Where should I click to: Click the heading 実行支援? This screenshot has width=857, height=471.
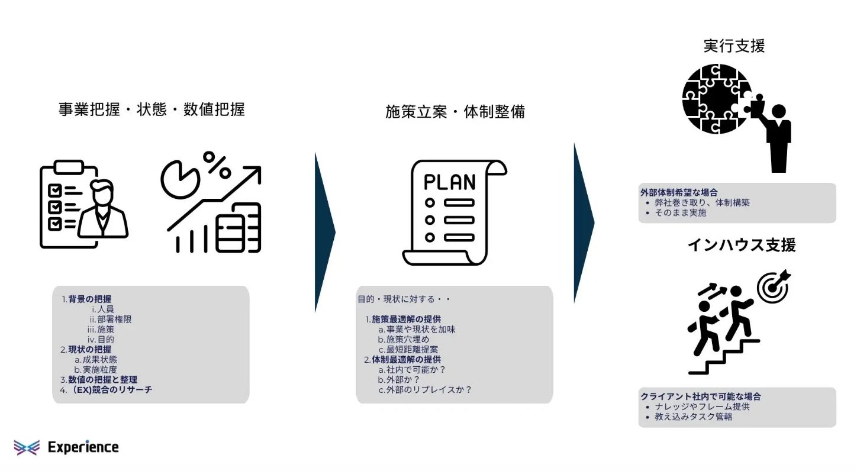(x=734, y=46)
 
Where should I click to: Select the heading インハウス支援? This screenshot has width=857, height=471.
(x=741, y=245)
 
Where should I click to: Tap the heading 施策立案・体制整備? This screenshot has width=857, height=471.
(x=455, y=112)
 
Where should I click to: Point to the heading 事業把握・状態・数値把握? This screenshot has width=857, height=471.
(x=152, y=110)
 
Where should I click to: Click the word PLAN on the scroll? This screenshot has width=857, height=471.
(x=450, y=181)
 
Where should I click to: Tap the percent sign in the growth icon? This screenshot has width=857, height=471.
(x=217, y=165)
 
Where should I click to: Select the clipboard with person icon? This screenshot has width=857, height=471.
(x=83, y=204)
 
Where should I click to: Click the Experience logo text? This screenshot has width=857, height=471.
(x=83, y=447)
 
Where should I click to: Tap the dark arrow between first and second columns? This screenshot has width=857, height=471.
(x=324, y=231)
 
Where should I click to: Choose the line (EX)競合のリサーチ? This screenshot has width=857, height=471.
(x=110, y=390)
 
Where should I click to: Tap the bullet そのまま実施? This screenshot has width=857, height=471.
(x=681, y=213)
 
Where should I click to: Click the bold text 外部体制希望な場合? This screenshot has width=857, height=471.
(x=679, y=192)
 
